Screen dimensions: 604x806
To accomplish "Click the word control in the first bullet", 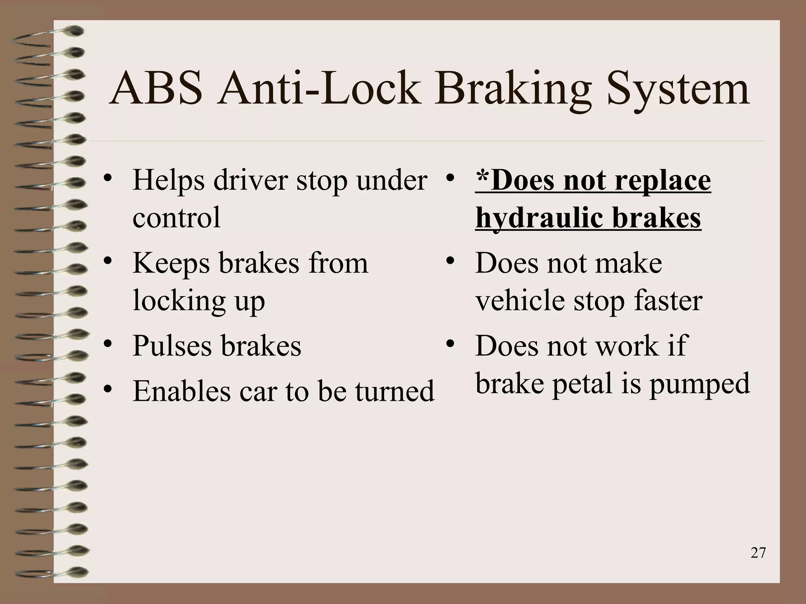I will coord(176,217).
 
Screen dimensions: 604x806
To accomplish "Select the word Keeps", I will coord(171,263).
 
